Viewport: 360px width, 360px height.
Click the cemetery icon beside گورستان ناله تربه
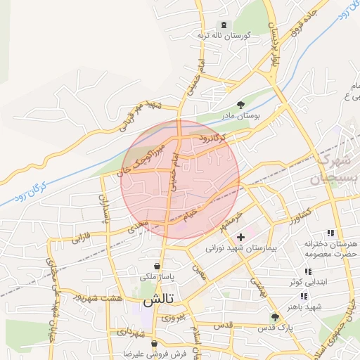point(224,25)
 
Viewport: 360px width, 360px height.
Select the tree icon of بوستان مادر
point(240,105)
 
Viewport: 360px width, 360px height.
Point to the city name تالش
point(158,300)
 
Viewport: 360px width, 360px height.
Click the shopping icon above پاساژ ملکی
point(157,266)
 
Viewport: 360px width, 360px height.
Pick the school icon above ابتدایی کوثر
point(307,271)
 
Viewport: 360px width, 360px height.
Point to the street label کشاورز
point(297,211)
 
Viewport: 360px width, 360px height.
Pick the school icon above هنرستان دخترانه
point(330,233)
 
